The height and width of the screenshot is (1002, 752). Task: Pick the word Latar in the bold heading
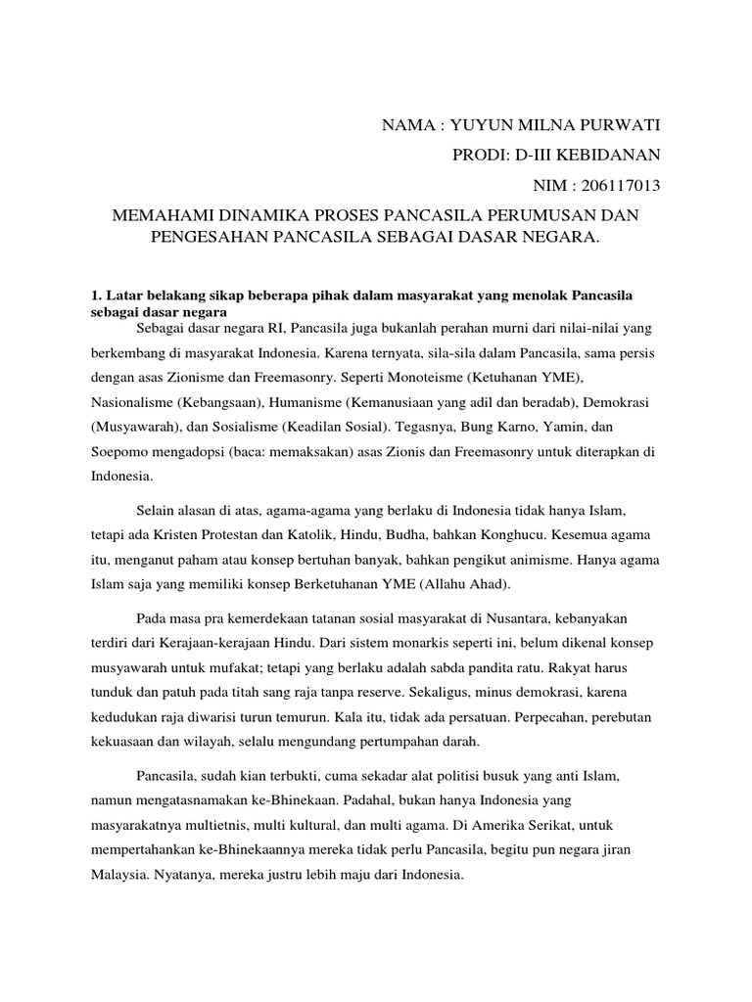click(123, 295)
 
